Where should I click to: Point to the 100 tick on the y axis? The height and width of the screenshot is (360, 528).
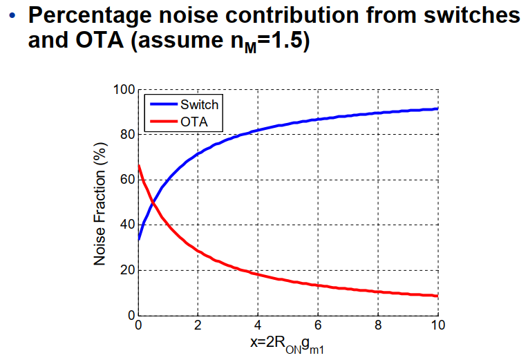[124, 90]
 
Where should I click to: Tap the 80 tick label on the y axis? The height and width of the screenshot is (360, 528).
[128, 135]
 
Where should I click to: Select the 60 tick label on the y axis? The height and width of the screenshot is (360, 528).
[128, 180]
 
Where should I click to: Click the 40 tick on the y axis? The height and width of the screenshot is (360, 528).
[128, 225]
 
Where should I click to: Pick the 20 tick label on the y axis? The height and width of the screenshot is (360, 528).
[128, 270]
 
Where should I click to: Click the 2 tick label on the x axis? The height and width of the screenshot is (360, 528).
[198, 325]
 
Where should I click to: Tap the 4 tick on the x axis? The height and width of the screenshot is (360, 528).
[258, 325]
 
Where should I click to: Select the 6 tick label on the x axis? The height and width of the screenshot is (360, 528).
[318, 325]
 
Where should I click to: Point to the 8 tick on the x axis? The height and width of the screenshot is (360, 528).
[378, 325]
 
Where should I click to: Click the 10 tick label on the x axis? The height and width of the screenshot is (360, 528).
[438, 325]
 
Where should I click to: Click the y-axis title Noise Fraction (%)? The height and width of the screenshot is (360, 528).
[100, 204]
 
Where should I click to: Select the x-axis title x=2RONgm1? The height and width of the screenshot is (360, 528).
[287, 344]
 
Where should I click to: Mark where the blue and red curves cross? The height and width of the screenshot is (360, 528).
[153, 202]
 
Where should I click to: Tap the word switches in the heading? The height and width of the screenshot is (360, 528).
[472, 15]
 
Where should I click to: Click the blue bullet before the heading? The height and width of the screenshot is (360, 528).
[12, 15]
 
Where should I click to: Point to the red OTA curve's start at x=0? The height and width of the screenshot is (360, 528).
[138, 165]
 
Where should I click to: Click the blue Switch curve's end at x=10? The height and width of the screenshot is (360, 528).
[438, 108]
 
